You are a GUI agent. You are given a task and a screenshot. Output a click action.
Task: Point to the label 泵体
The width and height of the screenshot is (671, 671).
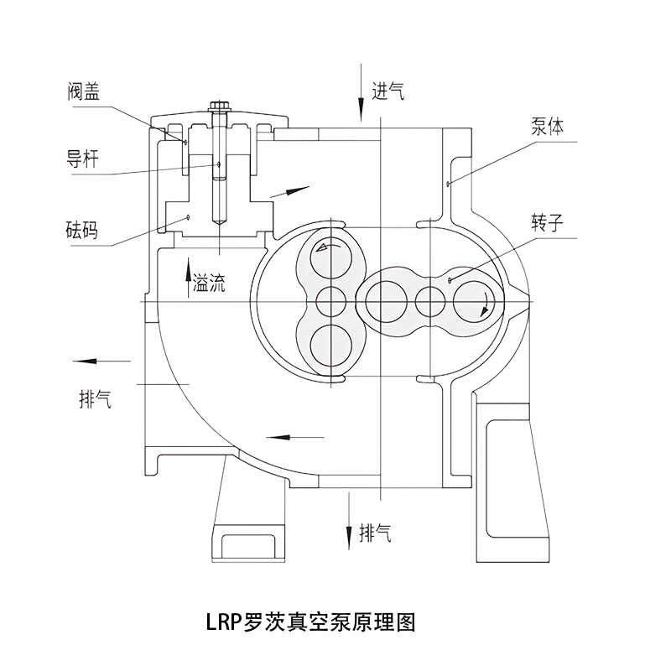(547, 127)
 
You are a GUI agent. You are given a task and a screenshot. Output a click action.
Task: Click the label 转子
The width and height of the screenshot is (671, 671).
(547, 222)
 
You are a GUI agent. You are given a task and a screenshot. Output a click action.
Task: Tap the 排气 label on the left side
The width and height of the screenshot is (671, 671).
(95, 399)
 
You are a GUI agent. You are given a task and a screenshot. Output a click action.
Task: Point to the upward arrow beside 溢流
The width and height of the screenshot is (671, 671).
(188, 280)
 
